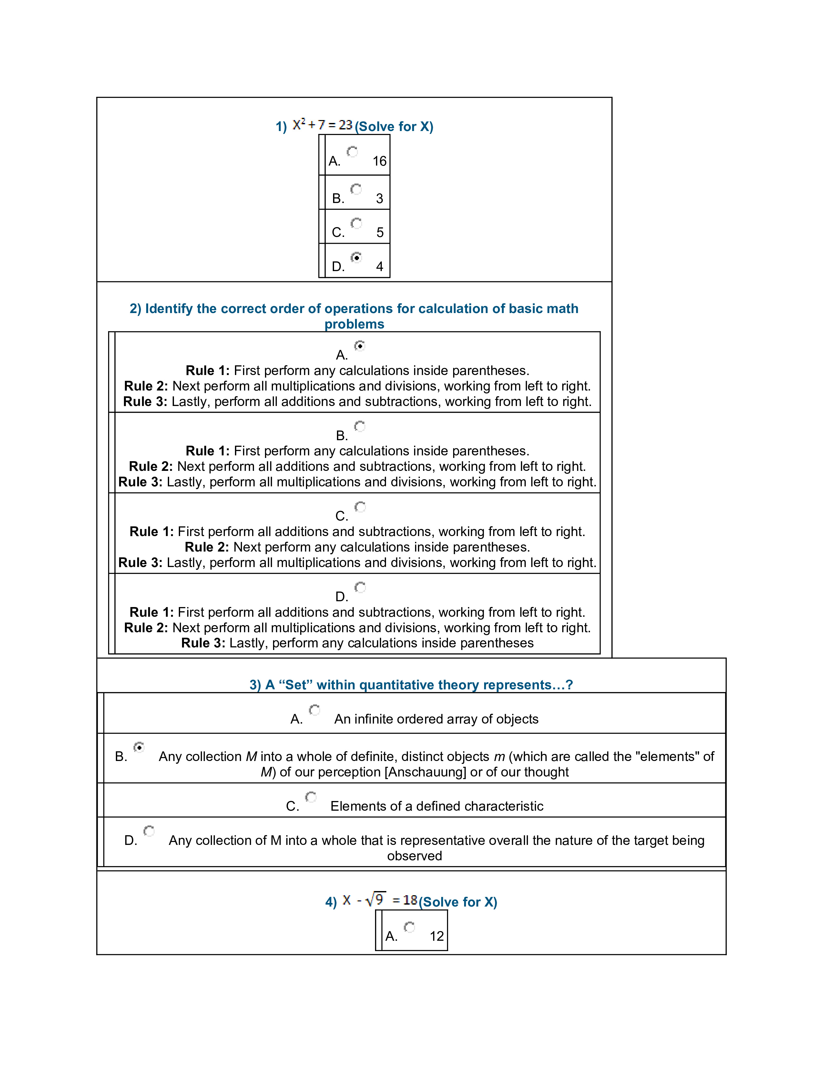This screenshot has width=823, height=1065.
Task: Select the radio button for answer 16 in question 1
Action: [352, 152]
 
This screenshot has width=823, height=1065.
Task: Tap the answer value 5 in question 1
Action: [380, 233]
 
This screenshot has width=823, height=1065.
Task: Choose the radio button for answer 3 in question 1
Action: [356, 189]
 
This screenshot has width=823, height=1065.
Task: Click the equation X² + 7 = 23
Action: [322, 125]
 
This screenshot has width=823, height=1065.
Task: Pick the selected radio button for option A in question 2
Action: [360, 346]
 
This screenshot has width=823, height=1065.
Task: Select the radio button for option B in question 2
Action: [360, 427]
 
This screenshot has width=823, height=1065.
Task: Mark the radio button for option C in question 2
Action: [360, 507]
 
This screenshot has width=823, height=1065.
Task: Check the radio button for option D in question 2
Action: [360, 588]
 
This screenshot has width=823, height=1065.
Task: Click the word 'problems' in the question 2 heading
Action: [354, 324]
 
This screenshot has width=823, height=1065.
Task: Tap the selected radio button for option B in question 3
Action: [139, 747]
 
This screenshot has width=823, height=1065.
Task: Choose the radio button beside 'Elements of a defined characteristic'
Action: [310, 797]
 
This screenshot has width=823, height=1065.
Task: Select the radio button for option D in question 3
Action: [149, 831]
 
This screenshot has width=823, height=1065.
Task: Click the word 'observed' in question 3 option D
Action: [414, 856]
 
